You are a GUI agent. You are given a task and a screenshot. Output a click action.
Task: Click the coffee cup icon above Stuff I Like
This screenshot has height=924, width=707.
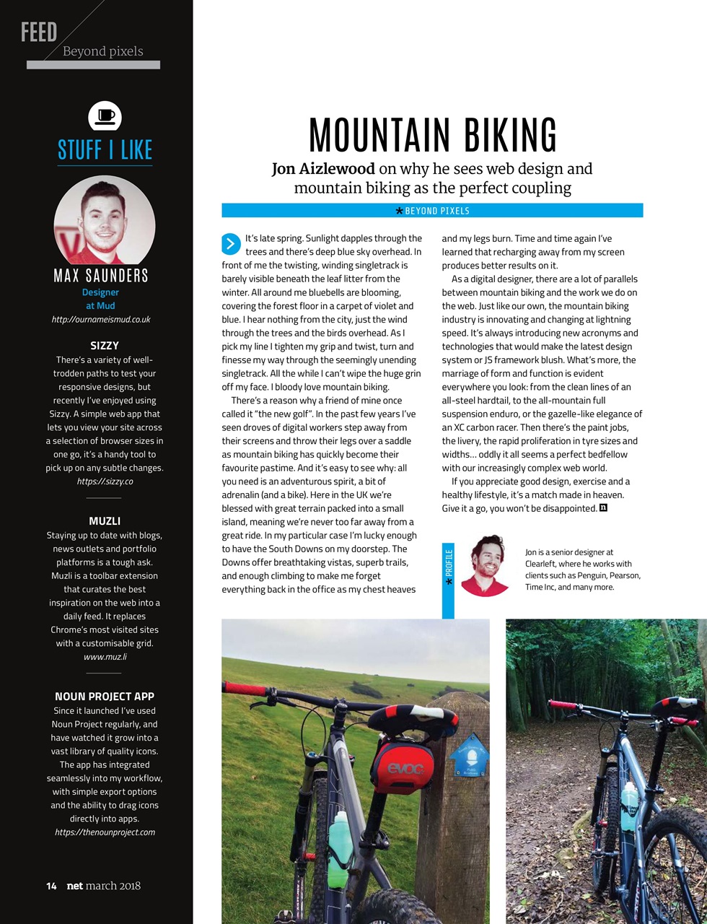pyautogui.click(x=105, y=116)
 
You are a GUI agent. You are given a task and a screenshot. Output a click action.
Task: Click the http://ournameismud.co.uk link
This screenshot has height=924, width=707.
pyautogui.click(x=101, y=319)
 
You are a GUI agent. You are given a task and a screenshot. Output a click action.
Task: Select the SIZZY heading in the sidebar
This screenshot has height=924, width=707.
pyautogui.click(x=105, y=346)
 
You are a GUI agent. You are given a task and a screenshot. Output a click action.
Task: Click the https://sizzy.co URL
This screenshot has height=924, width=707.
pyautogui.click(x=105, y=481)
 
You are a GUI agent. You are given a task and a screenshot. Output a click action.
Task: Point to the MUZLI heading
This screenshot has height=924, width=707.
pyautogui.click(x=105, y=521)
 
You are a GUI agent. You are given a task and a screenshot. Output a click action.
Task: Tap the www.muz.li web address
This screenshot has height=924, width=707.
pyautogui.click(x=105, y=657)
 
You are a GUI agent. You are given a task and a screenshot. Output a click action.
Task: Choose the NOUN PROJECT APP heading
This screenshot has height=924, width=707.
pyautogui.click(x=105, y=697)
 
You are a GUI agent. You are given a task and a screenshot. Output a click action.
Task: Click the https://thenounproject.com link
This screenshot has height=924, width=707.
pyautogui.click(x=105, y=832)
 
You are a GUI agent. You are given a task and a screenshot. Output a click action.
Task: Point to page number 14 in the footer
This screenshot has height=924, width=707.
pyautogui.click(x=51, y=886)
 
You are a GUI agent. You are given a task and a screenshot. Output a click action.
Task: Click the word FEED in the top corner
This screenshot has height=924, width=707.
pyautogui.click(x=39, y=32)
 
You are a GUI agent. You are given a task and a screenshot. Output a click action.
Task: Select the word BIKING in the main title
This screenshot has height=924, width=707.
pyautogui.click(x=510, y=135)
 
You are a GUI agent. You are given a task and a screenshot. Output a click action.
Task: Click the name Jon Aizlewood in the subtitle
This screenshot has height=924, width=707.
pyautogui.click(x=323, y=169)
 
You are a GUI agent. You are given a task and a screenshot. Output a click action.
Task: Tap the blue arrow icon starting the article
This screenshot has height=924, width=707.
pyautogui.click(x=231, y=243)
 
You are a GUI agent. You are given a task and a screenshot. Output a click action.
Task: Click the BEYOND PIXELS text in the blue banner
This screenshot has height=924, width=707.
pyautogui.click(x=437, y=211)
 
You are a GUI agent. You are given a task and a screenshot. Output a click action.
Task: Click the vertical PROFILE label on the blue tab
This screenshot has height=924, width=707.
pyautogui.click(x=449, y=567)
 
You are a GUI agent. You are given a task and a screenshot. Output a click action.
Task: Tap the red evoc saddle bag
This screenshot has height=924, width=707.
pyautogui.click(x=404, y=767)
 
